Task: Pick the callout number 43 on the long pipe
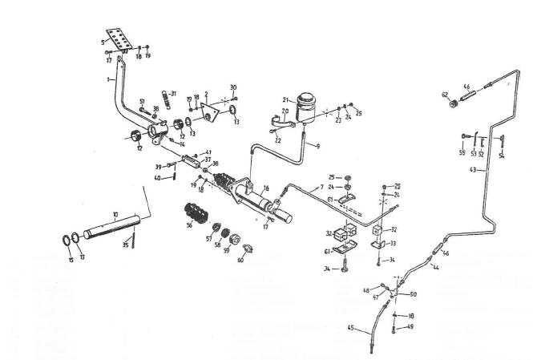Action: point(473,169)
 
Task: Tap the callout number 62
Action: point(444,95)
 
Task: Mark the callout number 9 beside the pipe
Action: point(317,146)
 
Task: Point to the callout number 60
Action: point(240,260)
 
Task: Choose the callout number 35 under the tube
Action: point(125,245)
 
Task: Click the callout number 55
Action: point(462,152)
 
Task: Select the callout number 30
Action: point(233,87)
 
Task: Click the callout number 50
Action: point(414,295)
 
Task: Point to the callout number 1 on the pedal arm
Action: point(107,80)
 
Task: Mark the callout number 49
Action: point(410,326)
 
